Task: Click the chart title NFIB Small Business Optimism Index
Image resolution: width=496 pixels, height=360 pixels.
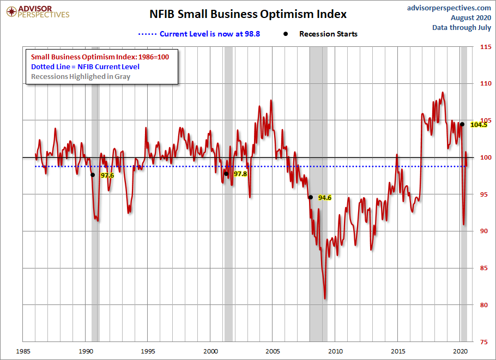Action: [x=248, y=14]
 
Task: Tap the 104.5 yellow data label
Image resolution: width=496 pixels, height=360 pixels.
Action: [x=478, y=125]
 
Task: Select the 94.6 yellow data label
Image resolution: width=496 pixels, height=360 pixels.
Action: [x=325, y=198]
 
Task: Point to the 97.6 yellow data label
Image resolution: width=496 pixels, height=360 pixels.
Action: [x=107, y=175]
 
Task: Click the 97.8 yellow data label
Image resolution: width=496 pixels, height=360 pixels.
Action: [x=240, y=174]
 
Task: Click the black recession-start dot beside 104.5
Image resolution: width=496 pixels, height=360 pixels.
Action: [x=462, y=124]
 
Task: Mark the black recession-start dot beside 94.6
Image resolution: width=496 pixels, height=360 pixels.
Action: [x=310, y=197]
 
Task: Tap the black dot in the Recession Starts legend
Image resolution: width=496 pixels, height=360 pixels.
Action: [x=286, y=34]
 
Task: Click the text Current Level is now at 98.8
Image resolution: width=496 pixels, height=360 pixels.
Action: [x=210, y=34]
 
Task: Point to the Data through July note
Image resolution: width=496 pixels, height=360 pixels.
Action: [x=462, y=27]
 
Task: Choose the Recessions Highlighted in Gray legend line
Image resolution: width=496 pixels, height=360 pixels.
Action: [x=81, y=76]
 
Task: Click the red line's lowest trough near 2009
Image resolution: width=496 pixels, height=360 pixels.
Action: [x=325, y=298]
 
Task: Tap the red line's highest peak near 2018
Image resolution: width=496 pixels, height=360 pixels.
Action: [x=442, y=93]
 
